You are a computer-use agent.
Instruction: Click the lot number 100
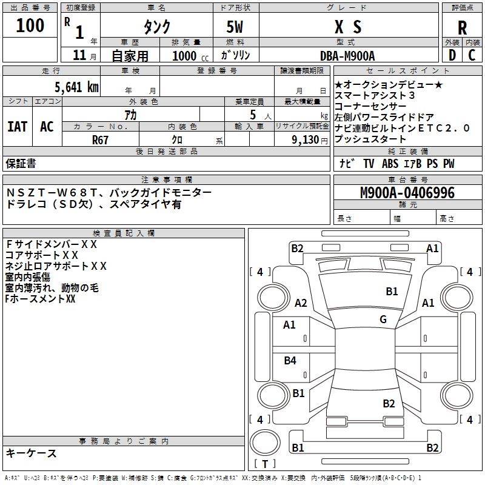30,25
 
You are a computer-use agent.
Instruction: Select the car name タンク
156,27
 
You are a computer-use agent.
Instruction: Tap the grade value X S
348,27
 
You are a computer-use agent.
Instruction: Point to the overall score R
462,28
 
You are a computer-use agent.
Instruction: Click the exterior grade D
452,55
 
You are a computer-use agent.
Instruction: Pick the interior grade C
472,55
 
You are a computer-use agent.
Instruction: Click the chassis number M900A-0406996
407,193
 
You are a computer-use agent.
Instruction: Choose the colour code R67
100,139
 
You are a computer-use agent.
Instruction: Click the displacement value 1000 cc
189,56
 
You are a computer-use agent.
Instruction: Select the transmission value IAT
17,126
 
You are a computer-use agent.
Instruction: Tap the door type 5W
235,27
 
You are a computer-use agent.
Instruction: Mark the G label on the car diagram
383,319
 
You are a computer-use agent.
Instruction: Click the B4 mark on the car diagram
290,361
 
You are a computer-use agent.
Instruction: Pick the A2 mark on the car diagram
301,303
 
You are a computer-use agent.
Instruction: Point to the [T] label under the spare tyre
265,464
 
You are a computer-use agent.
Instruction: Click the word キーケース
31,453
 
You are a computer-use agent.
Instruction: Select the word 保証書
21,164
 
